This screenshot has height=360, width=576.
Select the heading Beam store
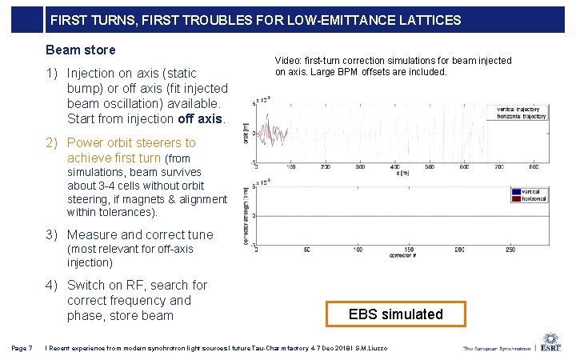point(80,50)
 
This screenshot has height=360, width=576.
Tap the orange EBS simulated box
point(395,314)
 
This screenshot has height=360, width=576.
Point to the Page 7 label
point(22,347)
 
